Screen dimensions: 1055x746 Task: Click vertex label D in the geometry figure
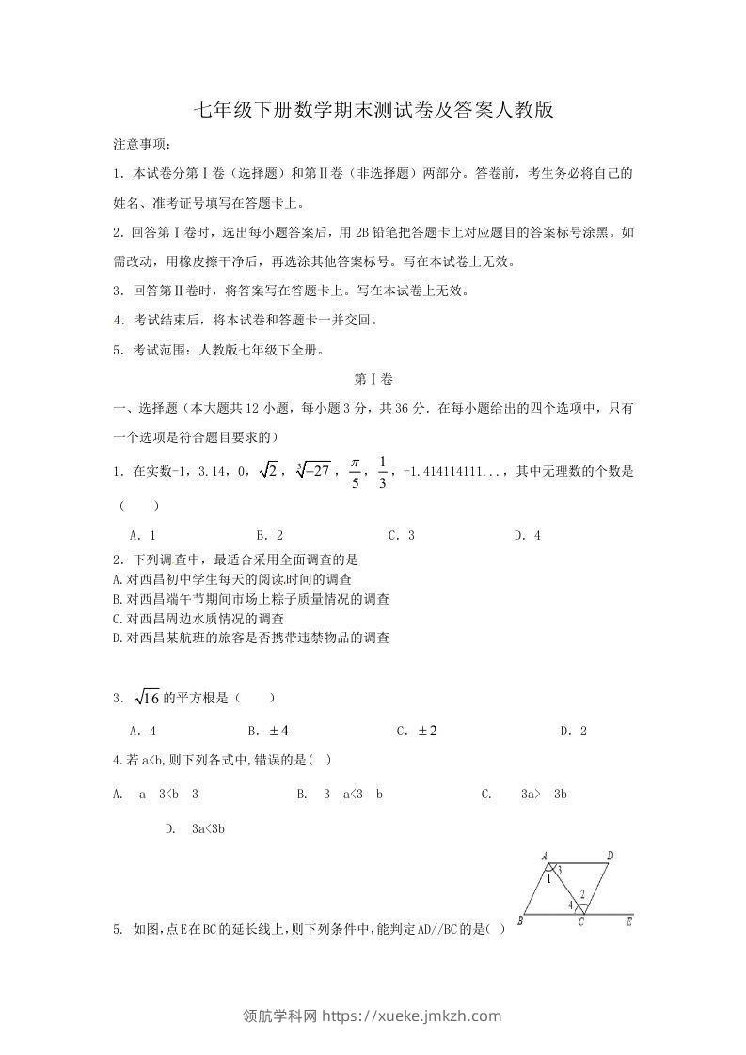point(611,856)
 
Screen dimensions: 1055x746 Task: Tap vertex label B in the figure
point(520,921)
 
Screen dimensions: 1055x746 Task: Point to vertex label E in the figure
point(628,922)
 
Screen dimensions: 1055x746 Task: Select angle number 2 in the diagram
point(583,894)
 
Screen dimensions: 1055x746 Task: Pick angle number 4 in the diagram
point(571,906)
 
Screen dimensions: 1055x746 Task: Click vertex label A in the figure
point(545,856)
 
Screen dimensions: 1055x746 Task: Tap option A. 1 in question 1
point(142,536)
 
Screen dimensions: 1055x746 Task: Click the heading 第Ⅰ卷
point(373,380)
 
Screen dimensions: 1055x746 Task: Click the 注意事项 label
point(142,144)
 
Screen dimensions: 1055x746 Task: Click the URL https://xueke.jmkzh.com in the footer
point(412,1016)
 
